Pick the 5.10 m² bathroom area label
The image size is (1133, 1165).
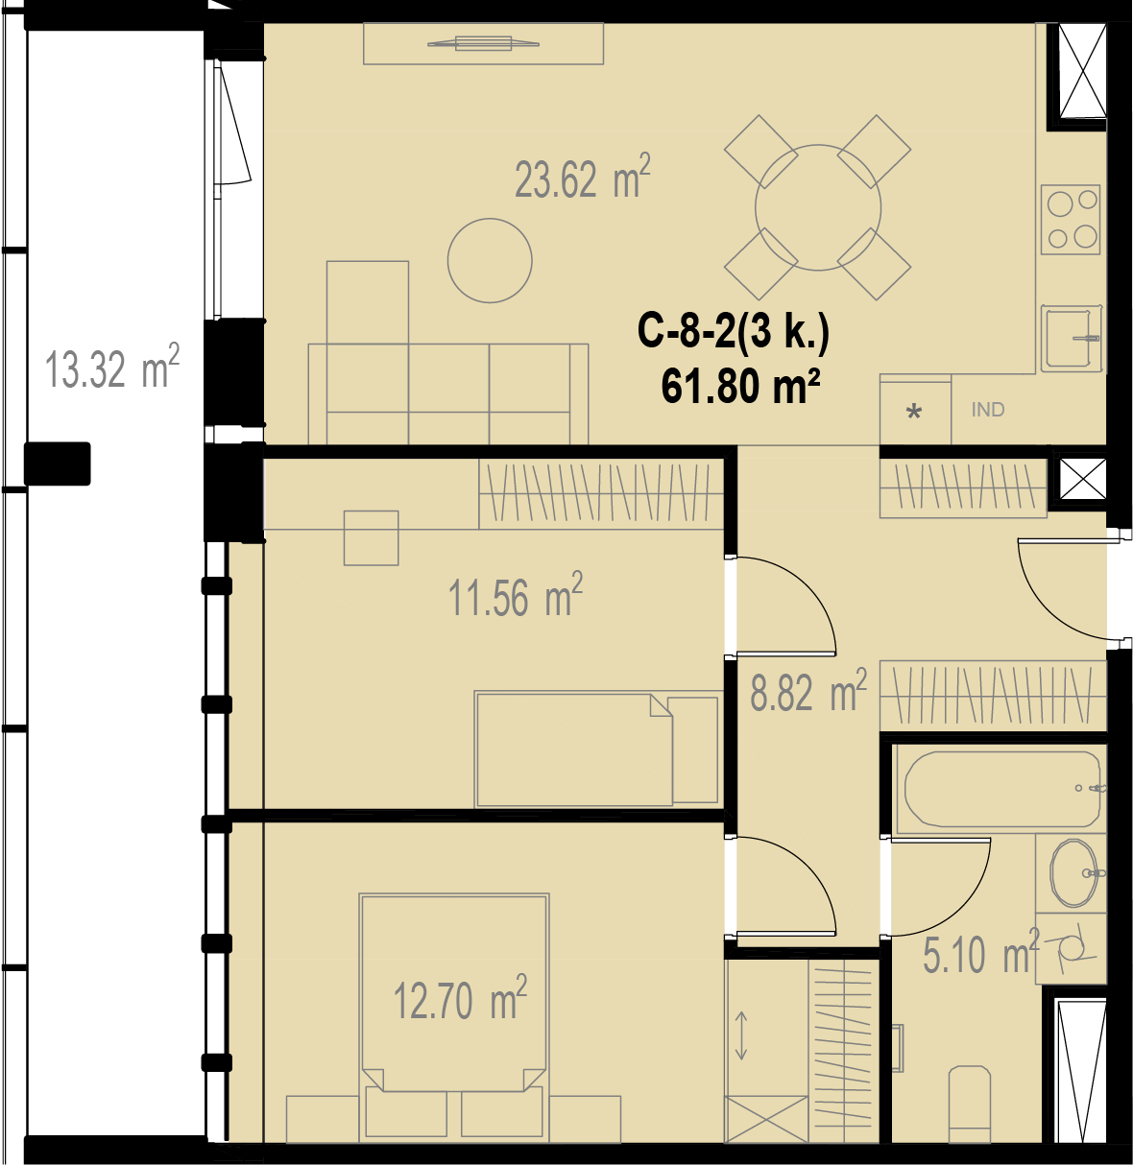pos(981,953)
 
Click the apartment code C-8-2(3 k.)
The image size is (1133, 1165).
pos(733,333)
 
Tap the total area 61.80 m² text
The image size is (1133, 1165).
pos(740,387)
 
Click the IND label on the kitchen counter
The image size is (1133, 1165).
pos(987,410)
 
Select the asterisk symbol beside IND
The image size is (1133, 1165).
pos(914,413)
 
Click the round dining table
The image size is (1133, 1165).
pos(818,207)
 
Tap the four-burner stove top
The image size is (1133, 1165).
pos(1072,219)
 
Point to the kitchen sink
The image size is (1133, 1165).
pos(1072,338)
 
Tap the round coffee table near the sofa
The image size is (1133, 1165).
pos(490,260)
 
